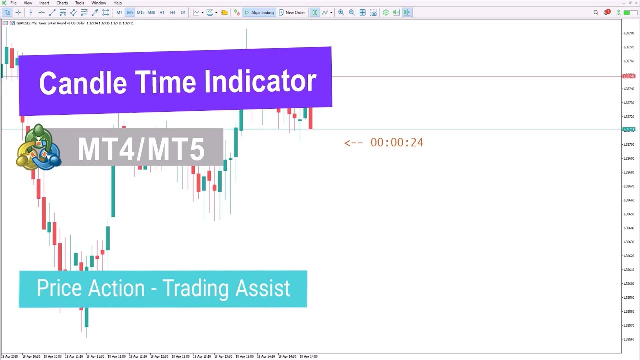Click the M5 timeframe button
coord(130,12)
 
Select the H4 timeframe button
coord(172,12)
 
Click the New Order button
coord(292,12)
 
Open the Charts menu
coord(62,3)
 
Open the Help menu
coord(117,3)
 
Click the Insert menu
coord(44,3)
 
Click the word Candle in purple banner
coord(83,83)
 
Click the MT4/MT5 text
coord(141,149)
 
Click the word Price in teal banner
coord(58,288)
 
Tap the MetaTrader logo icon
coord(38,148)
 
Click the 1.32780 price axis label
coord(628,33)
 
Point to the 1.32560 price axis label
coord(628,339)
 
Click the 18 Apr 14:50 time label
coord(308,356)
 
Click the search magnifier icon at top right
coord(596,12)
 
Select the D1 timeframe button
coord(183,12)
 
